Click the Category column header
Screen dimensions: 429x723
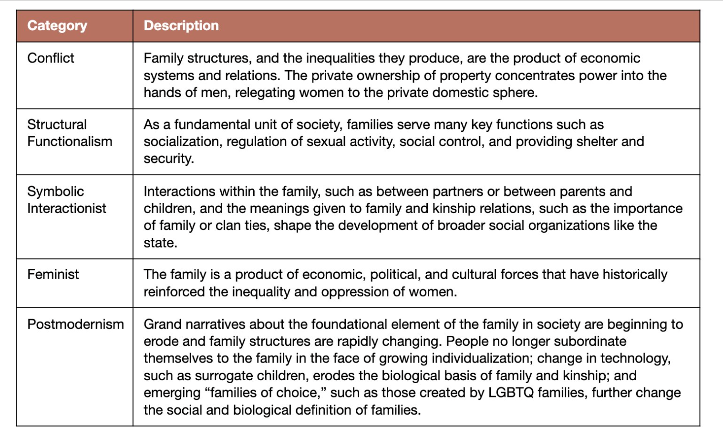point(57,26)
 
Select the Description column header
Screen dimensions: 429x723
point(181,26)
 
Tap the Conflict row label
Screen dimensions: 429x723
point(51,58)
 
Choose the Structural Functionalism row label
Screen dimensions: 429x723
point(70,133)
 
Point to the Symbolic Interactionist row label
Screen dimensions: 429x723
point(67,200)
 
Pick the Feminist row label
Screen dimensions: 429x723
point(53,274)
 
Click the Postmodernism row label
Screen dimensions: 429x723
point(75,324)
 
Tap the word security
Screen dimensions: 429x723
point(168,159)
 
